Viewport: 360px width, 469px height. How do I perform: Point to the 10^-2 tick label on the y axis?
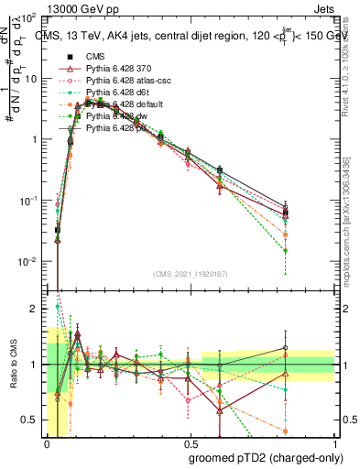click(x=27, y=262)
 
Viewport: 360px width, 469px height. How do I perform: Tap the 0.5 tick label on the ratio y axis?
click(x=29, y=420)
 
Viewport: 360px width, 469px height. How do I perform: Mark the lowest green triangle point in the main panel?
click(x=286, y=251)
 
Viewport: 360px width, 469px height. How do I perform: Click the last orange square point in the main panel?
click(x=286, y=234)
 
